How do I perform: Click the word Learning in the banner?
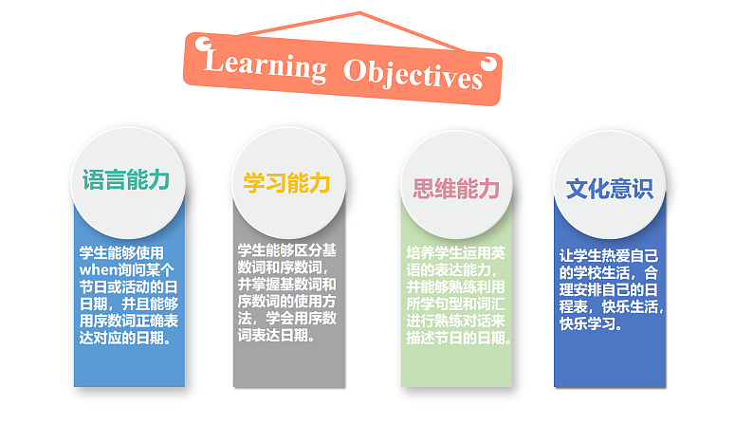click(265, 65)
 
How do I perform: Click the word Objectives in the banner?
click(413, 72)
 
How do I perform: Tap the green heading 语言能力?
click(125, 180)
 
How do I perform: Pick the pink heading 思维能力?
click(456, 188)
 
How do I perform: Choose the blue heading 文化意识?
click(610, 188)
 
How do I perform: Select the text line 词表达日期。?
click(278, 335)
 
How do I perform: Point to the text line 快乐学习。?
click(592, 323)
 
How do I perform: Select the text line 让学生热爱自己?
click(610, 255)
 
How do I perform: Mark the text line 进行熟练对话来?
click(456, 322)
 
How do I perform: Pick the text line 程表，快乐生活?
click(611, 306)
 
